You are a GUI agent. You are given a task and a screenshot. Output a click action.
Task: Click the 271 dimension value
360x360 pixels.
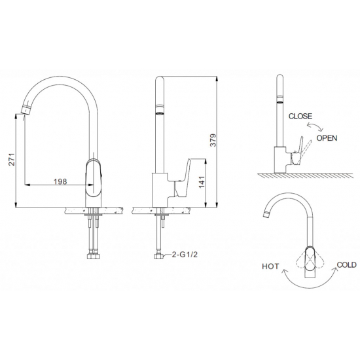[x=12, y=159]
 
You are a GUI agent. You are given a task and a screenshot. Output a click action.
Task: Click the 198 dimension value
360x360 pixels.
[x=60, y=181]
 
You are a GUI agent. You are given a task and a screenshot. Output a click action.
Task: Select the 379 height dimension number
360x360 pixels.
[x=213, y=140]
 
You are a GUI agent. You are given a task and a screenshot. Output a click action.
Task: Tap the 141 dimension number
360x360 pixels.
[x=202, y=182]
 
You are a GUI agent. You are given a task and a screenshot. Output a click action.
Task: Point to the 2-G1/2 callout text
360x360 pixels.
[x=185, y=255]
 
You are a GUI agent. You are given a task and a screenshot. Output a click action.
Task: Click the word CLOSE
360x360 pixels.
[x=300, y=116]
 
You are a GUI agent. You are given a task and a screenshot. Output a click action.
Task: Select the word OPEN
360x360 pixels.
[x=327, y=138]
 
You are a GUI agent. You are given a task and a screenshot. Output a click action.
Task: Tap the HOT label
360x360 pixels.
[x=270, y=266]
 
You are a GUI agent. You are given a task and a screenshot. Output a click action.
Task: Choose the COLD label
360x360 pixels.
[x=346, y=264]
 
